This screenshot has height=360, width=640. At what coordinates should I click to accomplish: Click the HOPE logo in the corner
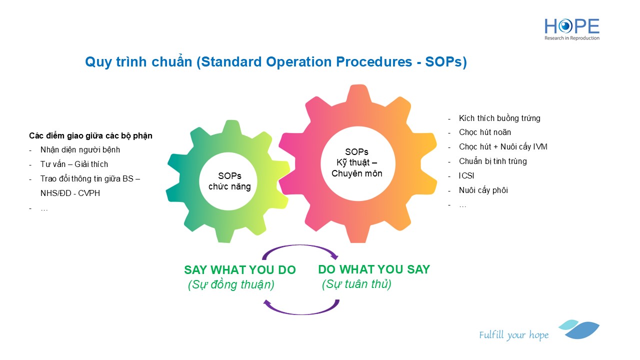(x=571, y=29)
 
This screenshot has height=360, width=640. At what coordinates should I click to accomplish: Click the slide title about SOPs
(x=275, y=62)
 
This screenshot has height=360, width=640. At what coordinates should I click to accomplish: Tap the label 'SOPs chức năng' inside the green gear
(x=229, y=181)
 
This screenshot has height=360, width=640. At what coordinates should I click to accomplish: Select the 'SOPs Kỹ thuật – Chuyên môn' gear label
(x=356, y=163)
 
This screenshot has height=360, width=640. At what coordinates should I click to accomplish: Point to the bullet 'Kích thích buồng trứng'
(x=499, y=118)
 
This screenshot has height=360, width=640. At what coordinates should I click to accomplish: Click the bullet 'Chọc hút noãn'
(x=484, y=132)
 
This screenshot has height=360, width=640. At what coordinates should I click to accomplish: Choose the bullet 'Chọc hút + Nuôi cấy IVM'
(x=502, y=147)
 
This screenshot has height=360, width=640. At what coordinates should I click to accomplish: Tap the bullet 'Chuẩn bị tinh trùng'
(x=492, y=161)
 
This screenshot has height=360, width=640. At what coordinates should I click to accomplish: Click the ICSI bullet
(x=466, y=176)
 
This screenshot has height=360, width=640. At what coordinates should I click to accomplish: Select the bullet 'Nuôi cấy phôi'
(x=483, y=190)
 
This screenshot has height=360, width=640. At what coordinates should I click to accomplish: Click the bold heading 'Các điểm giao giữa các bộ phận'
(x=90, y=135)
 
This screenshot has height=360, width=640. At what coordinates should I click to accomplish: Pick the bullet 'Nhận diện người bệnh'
(x=80, y=149)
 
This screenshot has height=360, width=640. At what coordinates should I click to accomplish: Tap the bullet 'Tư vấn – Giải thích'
(x=74, y=164)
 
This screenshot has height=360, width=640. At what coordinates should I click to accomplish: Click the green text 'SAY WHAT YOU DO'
(x=240, y=270)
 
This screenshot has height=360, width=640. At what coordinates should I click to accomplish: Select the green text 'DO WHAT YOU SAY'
(x=374, y=269)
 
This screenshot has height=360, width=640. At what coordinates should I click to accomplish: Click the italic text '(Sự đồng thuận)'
(x=231, y=284)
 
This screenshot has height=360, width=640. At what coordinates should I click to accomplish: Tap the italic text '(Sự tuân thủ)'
(x=356, y=284)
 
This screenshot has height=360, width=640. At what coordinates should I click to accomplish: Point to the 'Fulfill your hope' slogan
(x=513, y=335)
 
